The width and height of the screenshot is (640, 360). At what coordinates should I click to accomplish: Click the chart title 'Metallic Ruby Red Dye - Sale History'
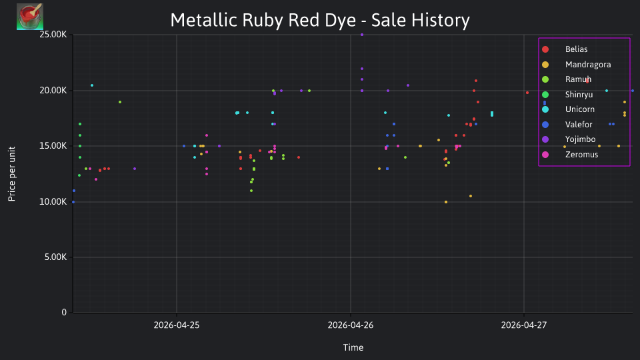[320, 20]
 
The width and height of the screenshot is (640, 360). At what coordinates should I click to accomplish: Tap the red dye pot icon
[30, 16]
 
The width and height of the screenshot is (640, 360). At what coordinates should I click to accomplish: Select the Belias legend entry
[576, 49]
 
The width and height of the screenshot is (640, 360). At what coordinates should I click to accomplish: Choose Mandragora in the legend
[588, 65]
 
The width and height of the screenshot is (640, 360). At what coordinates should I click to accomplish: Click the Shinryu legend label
[579, 95]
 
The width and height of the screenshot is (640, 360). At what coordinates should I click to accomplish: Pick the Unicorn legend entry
[579, 109]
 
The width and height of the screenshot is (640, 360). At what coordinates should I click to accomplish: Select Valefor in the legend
[579, 125]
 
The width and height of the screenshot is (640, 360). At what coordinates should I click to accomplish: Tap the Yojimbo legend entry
[580, 139]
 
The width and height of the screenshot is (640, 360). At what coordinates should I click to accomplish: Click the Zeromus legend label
[581, 155]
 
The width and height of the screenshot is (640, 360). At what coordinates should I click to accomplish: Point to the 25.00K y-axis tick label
[53, 35]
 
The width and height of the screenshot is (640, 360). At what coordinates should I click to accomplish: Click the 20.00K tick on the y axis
[53, 91]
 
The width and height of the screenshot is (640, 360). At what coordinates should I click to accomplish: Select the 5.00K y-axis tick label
[55, 257]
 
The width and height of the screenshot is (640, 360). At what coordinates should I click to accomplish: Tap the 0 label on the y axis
[64, 313]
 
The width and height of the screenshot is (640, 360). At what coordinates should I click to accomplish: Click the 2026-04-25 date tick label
[176, 325]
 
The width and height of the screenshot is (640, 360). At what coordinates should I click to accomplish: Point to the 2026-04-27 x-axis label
[524, 325]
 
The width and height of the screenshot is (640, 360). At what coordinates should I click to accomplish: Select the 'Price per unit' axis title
[12, 174]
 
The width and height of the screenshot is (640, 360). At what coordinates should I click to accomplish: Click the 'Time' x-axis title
[353, 348]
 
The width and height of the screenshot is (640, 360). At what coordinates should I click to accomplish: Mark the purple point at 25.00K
[362, 35]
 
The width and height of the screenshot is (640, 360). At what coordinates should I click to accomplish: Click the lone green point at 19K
[120, 102]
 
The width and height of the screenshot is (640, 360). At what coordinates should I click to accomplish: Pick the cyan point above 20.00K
[92, 85]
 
